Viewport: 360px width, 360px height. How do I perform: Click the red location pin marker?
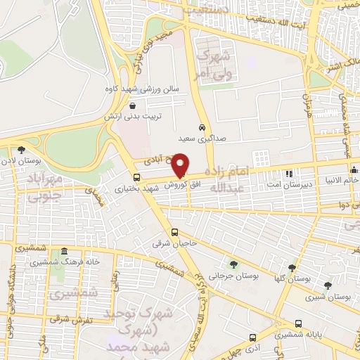(181, 165)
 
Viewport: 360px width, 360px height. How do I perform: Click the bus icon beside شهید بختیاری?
(136, 178)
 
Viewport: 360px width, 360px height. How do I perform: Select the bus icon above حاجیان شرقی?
(175, 233)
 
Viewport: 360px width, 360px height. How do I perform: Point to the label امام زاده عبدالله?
(227, 179)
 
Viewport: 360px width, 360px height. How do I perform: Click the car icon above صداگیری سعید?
(202, 128)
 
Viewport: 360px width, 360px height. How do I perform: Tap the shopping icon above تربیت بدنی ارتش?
(133, 105)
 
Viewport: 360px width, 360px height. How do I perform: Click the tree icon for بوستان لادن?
(22, 149)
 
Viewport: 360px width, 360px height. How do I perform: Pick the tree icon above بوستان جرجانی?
(233, 264)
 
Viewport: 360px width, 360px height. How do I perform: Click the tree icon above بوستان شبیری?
(328, 285)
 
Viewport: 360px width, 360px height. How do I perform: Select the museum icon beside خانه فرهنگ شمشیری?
(64, 252)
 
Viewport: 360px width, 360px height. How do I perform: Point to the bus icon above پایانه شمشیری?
(299, 324)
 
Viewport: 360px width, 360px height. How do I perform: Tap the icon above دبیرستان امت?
(288, 173)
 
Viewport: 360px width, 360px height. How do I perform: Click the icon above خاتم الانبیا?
(354, 169)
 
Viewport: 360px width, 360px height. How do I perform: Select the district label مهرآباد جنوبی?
(48, 187)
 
